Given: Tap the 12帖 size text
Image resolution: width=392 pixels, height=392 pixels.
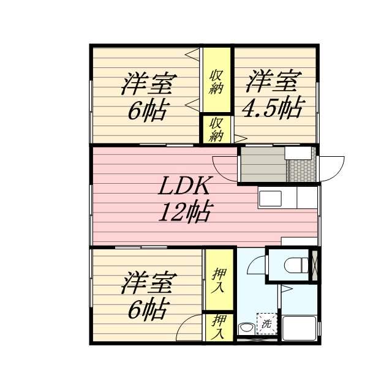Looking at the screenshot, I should point(186,213).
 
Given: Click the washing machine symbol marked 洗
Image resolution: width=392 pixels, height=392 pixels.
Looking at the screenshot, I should point(266,323).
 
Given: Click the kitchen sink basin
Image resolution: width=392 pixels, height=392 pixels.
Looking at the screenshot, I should point(269,198).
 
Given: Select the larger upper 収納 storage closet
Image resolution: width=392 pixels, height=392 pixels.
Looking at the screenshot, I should point(217,80).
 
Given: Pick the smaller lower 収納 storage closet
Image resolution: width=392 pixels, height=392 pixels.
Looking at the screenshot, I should point(217,129).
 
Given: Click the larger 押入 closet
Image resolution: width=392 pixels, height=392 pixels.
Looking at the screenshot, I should point(219,279).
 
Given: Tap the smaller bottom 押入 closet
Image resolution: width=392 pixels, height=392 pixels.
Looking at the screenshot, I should point(219,327).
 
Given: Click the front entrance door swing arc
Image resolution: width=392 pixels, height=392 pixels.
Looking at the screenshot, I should point(331,169).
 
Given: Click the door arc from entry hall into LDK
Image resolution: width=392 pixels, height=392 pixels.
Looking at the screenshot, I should point(225,169).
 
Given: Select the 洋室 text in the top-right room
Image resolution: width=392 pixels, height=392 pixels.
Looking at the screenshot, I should point(274,81).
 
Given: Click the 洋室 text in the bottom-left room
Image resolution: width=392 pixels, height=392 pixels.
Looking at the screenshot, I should point(149,284).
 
